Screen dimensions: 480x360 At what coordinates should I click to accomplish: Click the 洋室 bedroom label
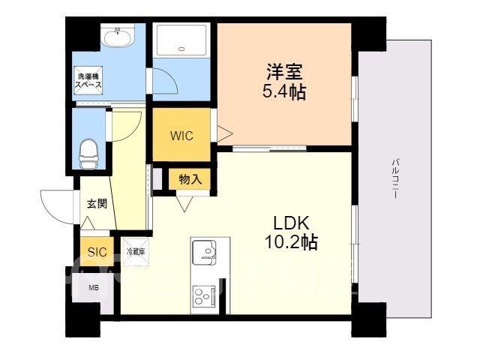[284, 72]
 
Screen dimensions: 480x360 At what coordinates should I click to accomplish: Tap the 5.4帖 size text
[284, 91]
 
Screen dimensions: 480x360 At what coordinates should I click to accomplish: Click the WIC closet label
[181, 136]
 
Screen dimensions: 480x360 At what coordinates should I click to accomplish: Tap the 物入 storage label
[190, 179]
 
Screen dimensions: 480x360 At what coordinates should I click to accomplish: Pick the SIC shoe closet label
[97, 252]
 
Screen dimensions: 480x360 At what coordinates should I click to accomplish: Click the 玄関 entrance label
[97, 203]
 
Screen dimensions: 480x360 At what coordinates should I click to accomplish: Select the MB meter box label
[93, 288]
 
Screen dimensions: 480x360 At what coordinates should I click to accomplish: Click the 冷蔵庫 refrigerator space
[136, 252]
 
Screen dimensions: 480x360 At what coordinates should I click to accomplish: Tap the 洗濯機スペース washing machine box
[88, 80]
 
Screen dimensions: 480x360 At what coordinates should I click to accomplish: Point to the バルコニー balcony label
[395, 178]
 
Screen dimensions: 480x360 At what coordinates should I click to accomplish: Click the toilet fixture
[88, 154]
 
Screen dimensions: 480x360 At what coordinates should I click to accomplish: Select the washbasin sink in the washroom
[118, 37]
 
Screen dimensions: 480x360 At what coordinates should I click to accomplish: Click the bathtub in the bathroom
[181, 40]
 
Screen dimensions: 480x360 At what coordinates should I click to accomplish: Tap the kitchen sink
[204, 250]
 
